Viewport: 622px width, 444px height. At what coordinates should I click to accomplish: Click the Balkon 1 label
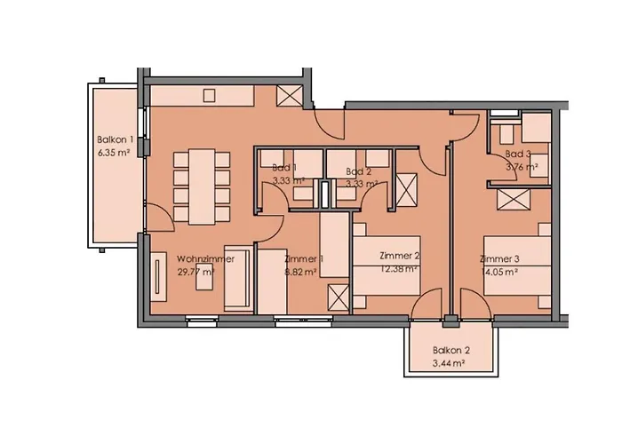click(115, 140)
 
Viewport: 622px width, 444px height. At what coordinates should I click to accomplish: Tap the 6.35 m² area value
click(114, 153)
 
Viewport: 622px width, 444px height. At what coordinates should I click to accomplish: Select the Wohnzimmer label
click(205, 259)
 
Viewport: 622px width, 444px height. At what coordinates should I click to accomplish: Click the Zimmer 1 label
click(304, 259)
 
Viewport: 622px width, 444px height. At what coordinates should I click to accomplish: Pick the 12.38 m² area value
click(399, 269)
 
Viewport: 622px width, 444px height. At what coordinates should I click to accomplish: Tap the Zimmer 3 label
click(499, 259)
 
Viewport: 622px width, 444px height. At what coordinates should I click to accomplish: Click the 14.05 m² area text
click(499, 272)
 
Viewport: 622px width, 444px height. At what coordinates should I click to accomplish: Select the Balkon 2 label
click(451, 351)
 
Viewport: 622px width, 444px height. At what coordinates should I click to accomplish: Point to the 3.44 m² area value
click(449, 363)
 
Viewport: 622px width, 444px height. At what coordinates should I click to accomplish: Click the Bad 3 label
click(518, 154)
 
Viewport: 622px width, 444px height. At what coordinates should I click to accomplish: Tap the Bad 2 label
click(359, 171)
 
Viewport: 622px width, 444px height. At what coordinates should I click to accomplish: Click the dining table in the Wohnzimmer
click(202, 186)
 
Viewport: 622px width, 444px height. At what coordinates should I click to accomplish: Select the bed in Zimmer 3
click(517, 266)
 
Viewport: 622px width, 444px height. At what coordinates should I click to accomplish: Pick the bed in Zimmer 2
click(387, 266)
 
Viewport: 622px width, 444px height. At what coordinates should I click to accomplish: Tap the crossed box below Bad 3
click(514, 200)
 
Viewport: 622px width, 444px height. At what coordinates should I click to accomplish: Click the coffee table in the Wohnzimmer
click(205, 281)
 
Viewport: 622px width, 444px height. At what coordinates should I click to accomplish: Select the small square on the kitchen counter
click(209, 96)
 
